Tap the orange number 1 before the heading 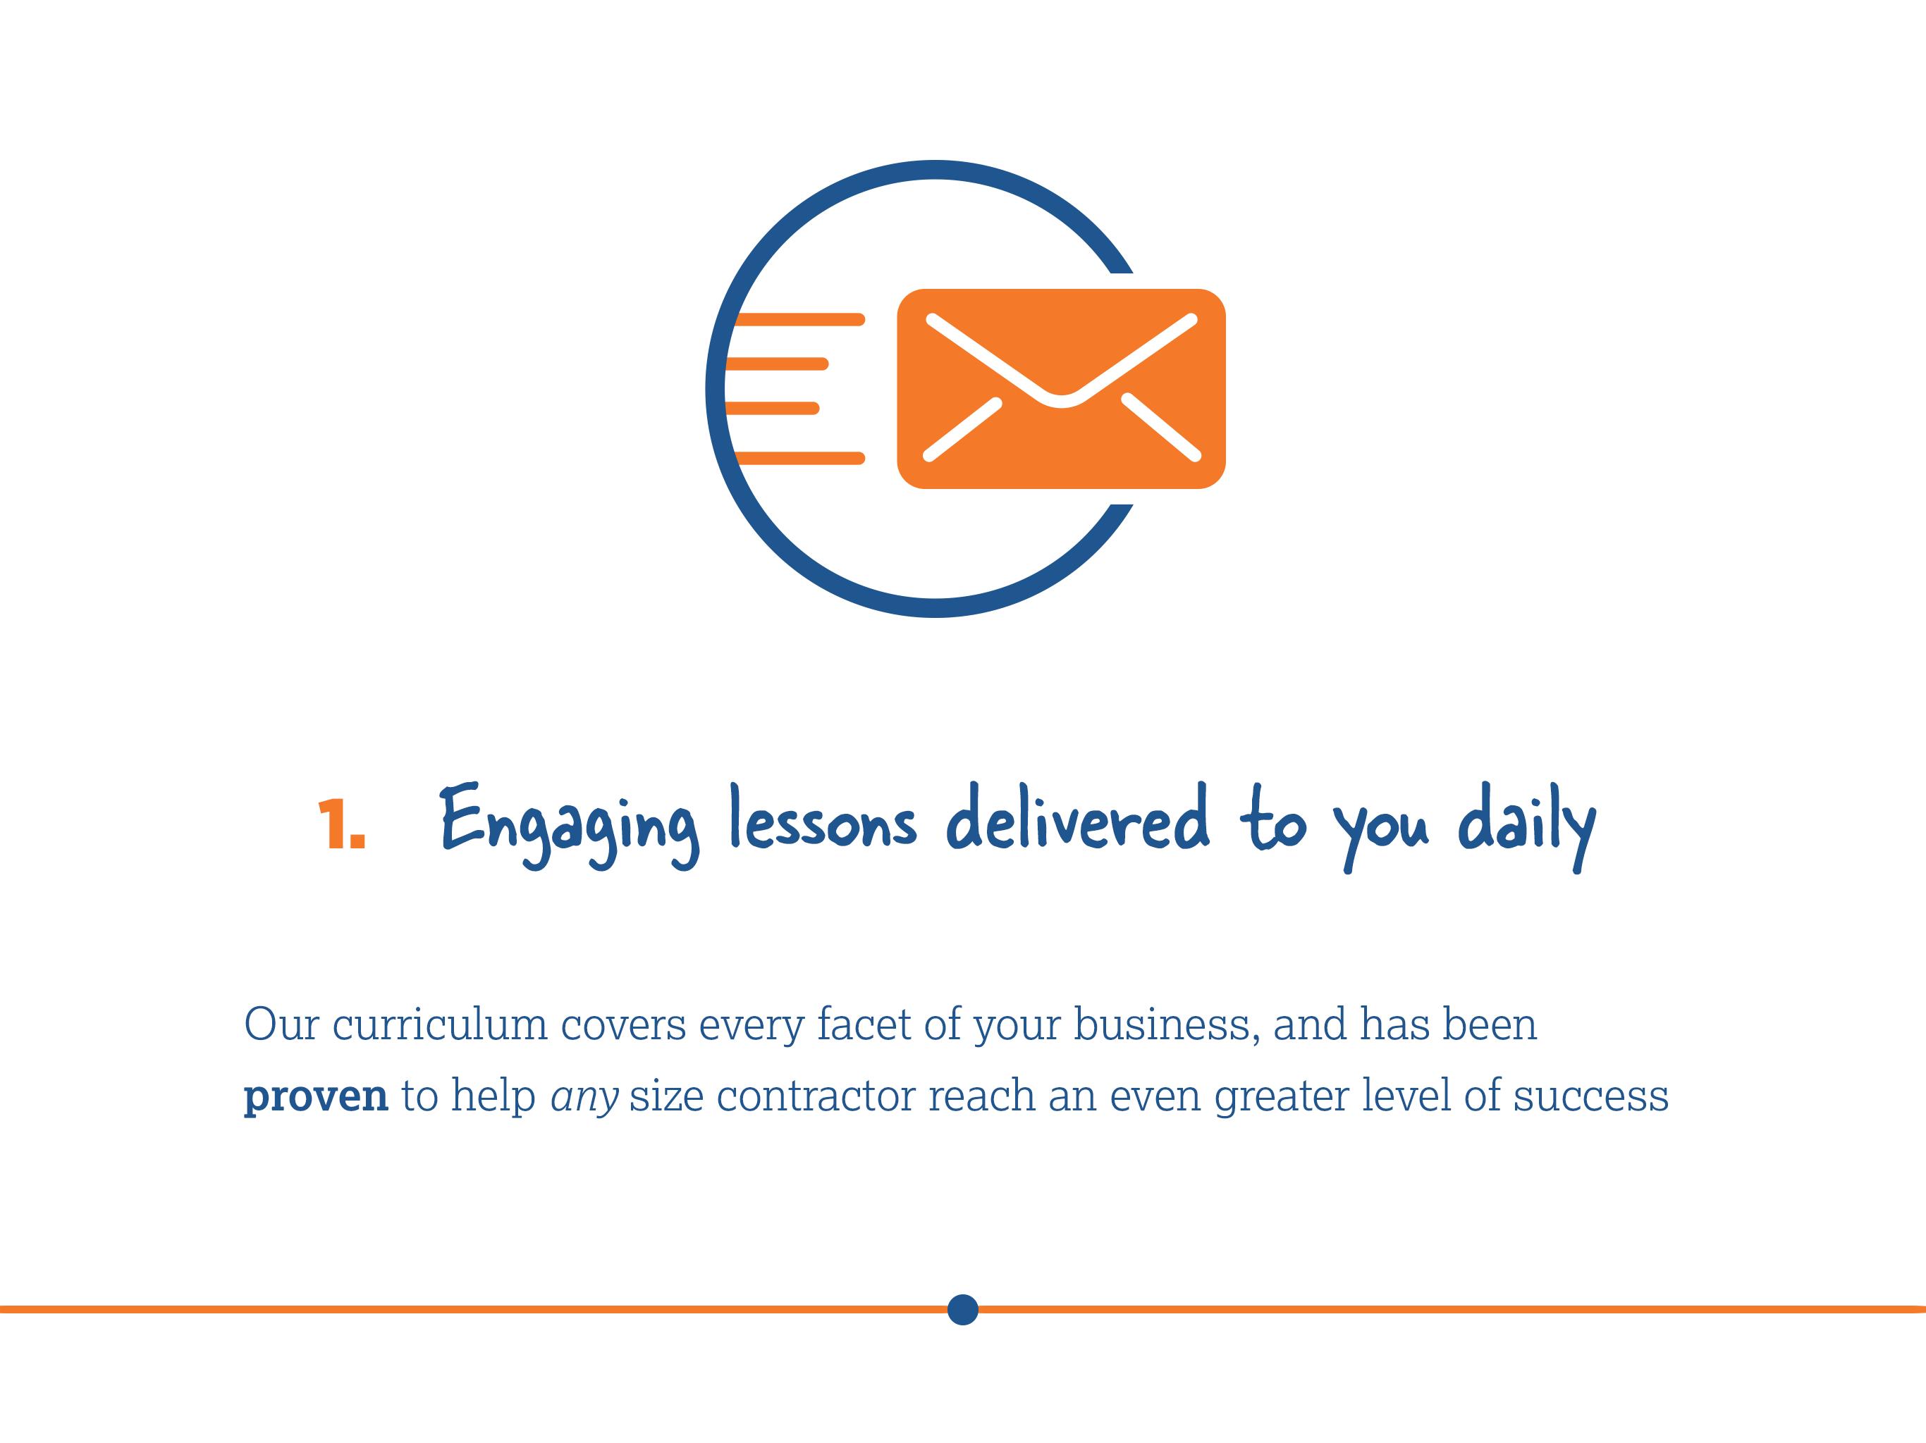[341, 824]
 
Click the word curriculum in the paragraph [440, 1024]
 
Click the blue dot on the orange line [962, 1309]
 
